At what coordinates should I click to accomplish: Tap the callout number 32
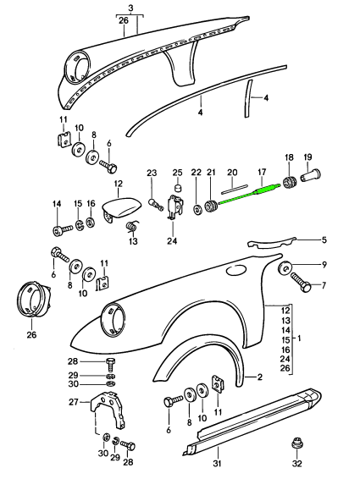(x=296, y=464)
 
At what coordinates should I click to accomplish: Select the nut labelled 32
(x=296, y=443)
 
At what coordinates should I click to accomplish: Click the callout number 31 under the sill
(x=217, y=464)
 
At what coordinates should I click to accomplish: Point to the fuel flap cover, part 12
(x=120, y=206)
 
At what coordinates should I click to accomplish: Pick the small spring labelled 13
(x=132, y=226)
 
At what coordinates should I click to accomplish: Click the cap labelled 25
(x=177, y=187)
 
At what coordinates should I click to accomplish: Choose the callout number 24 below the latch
(x=172, y=241)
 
